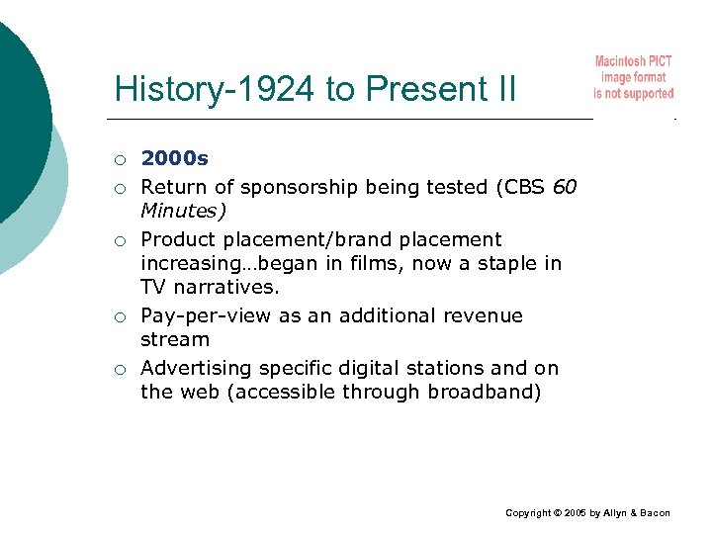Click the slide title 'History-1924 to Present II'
pyautogui.click(x=314, y=89)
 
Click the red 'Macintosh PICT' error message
pyautogui.click(x=633, y=77)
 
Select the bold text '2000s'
pyautogui.click(x=175, y=157)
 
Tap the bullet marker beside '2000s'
pyautogui.click(x=119, y=159)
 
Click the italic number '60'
pyautogui.click(x=566, y=187)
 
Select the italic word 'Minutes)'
pyautogui.click(x=183, y=211)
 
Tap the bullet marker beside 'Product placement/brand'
pyautogui.click(x=119, y=240)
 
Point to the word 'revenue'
pyautogui.click(x=485, y=315)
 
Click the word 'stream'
pyautogui.click(x=175, y=339)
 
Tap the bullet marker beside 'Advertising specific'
pyautogui.click(x=119, y=369)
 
